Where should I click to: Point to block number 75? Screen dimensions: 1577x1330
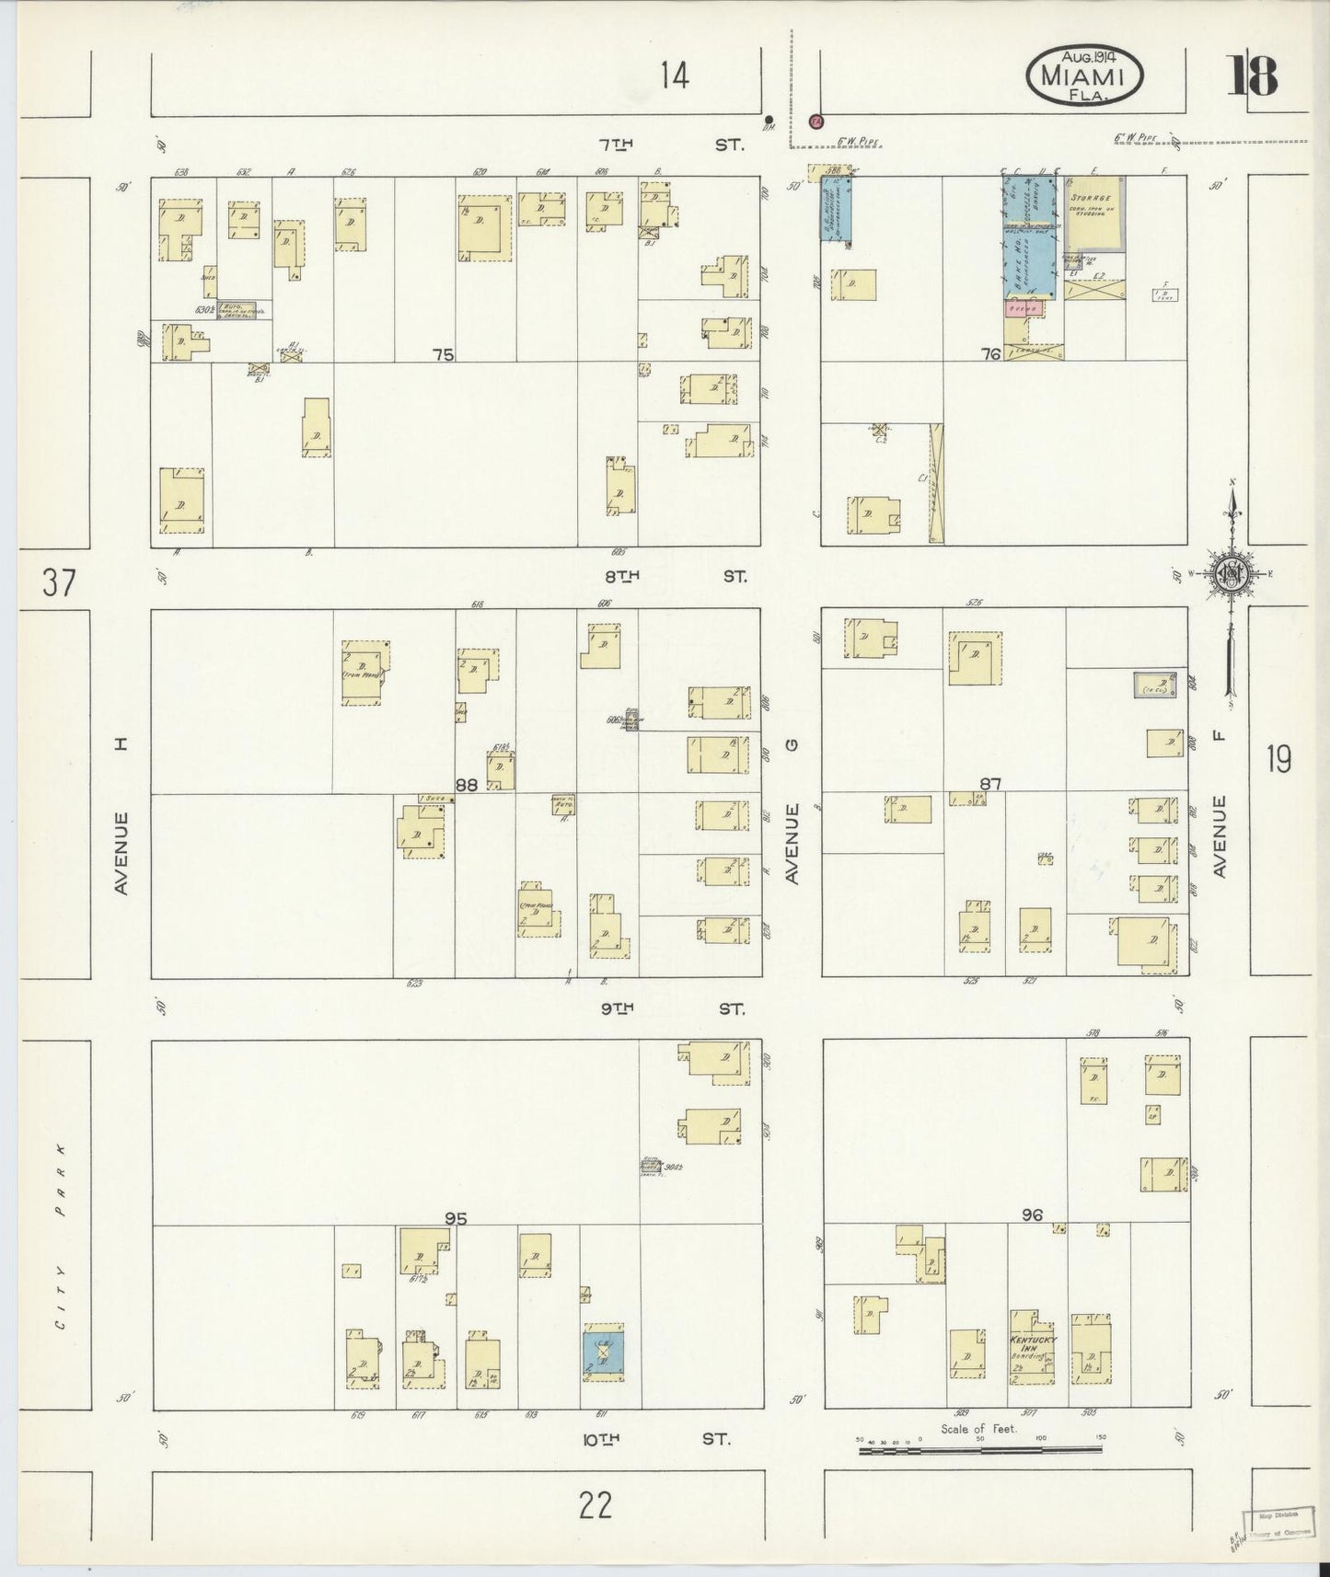pyautogui.click(x=444, y=354)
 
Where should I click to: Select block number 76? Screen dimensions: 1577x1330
pyautogui.click(x=990, y=353)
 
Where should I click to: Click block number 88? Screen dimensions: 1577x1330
pyautogui.click(x=467, y=785)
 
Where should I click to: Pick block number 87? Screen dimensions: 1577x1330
pyautogui.click(x=990, y=784)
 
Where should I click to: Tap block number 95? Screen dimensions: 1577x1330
pyautogui.click(x=456, y=1218)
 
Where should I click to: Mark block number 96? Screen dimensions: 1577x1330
pyautogui.click(x=1032, y=1215)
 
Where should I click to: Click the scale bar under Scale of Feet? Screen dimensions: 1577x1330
pyautogui.click(x=979, y=1450)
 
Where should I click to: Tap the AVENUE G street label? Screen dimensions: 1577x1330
pyautogui.click(x=792, y=844)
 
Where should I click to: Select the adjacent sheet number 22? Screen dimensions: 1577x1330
pyautogui.click(x=596, y=1505)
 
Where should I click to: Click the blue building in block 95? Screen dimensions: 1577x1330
pyautogui.click(x=603, y=1354)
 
